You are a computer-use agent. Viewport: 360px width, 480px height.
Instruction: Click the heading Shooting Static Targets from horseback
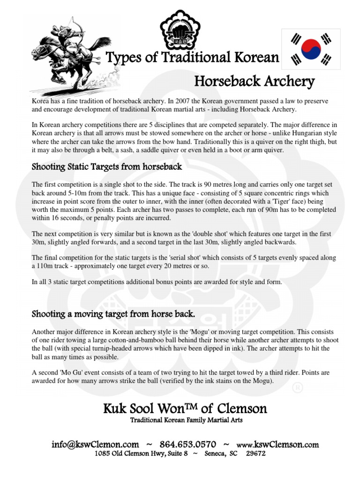[x=106, y=166]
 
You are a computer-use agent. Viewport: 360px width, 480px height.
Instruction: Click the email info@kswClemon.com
[x=95, y=444]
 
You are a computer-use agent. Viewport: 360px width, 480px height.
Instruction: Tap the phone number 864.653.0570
[x=187, y=444]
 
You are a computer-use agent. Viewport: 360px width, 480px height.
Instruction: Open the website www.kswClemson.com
[x=277, y=444]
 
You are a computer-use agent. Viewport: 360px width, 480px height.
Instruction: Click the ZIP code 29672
[x=255, y=453]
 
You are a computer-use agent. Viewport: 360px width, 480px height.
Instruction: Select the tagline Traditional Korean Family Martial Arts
[x=186, y=420]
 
